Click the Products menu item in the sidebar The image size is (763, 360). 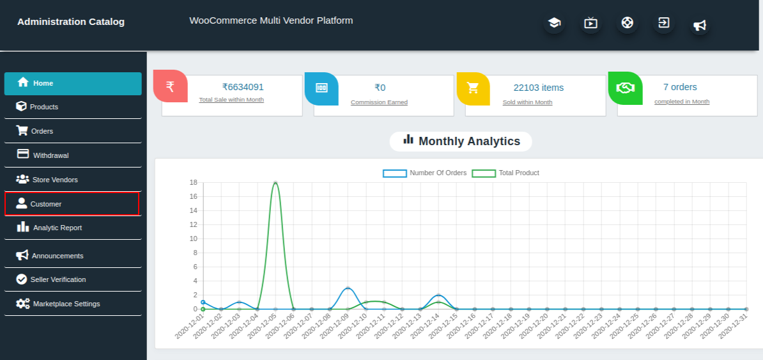(44, 107)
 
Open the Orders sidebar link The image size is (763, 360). (42, 131)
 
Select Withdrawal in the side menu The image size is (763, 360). (50, 155)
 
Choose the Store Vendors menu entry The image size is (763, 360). (55, 180)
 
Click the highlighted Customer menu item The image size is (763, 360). (46, 204)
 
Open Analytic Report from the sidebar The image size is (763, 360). (57, 228)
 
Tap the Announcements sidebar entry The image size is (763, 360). (58, 256)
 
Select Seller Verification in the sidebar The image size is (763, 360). (58, 279)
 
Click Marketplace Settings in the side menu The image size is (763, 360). (66, 304)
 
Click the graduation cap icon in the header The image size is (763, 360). (554, 23)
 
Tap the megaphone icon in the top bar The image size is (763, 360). (700, 26)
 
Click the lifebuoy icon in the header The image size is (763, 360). (628, 23)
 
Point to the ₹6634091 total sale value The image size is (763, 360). (243, 88)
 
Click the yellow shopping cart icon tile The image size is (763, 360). (473, 88)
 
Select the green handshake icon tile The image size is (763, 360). (625, 88)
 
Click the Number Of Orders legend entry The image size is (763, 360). (425, 173)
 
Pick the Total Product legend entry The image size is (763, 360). (505, 173)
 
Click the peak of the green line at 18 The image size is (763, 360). (275, 183)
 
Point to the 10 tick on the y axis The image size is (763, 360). (192, 239)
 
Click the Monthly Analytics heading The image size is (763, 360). (461, 141)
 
